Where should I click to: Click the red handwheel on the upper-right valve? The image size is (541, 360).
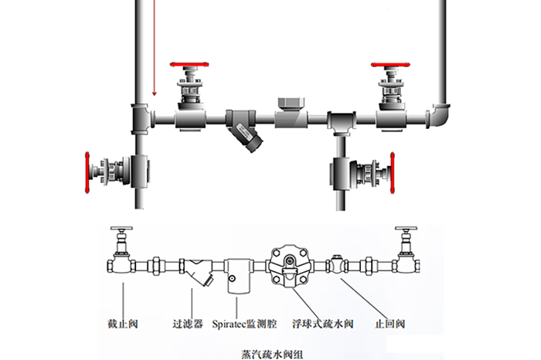pos(392,63)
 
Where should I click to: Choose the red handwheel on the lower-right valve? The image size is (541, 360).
pos(393,174)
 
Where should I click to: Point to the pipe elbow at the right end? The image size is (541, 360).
pos(441,116)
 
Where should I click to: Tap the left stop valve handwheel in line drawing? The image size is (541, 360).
pos(121,230)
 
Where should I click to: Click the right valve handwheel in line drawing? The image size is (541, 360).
pos(407,230)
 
